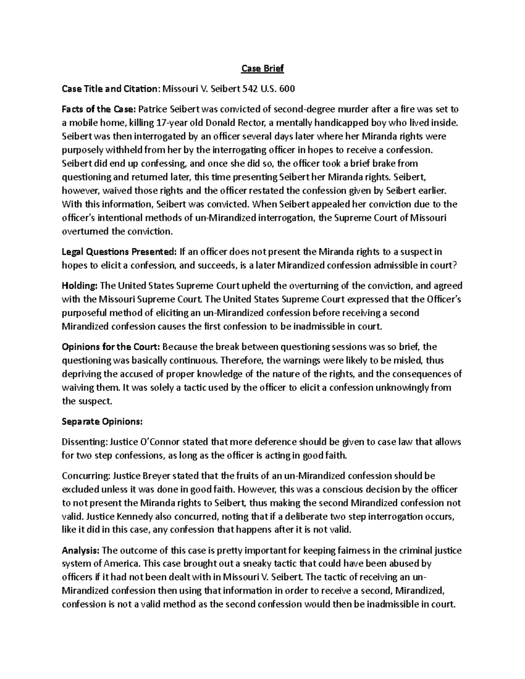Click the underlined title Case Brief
pos(262,69)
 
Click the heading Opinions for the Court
pos(111,347)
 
